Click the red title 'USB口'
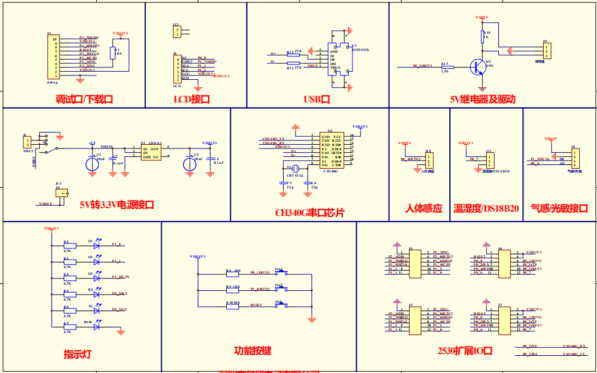317,99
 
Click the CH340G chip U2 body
331,152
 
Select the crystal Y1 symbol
294,169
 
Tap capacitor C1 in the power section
91,164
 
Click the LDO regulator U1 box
151,153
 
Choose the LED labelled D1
96,244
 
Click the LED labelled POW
96,326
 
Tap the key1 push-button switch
280,274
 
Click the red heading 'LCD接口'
191,99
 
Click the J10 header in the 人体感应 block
429,161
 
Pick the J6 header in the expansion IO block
501,262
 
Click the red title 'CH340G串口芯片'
310,212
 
